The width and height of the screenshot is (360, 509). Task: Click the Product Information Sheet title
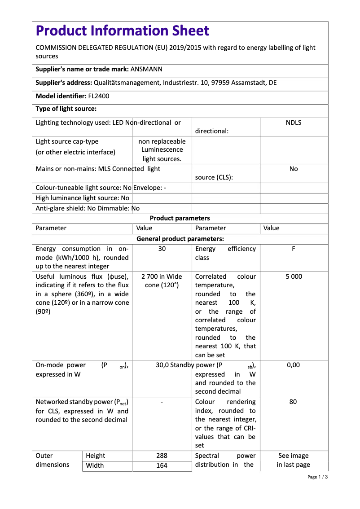coord(123,31)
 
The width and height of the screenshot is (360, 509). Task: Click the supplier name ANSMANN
coord(146,70)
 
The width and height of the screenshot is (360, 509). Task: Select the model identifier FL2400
coord(98,96)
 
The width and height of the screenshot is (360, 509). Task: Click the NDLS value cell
coord(293,123)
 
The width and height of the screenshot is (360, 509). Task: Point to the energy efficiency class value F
coord(293,249)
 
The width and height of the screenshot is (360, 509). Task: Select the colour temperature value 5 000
coord(294,276)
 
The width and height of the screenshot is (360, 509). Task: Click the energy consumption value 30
coord(162,249)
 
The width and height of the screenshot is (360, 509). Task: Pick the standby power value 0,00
coord(293,365)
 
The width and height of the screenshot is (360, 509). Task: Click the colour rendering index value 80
coord(293,402)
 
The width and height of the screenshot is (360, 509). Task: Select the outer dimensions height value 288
coord(162,456)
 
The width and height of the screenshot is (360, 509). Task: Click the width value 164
coord(162,465)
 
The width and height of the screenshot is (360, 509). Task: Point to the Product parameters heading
coord(180,218)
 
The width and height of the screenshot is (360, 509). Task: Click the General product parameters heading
coord(180,239)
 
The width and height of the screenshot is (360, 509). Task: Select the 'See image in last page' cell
coord(293,460)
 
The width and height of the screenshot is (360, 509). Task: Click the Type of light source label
coord(66,109)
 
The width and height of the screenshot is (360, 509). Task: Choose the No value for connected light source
coord(293,169)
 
